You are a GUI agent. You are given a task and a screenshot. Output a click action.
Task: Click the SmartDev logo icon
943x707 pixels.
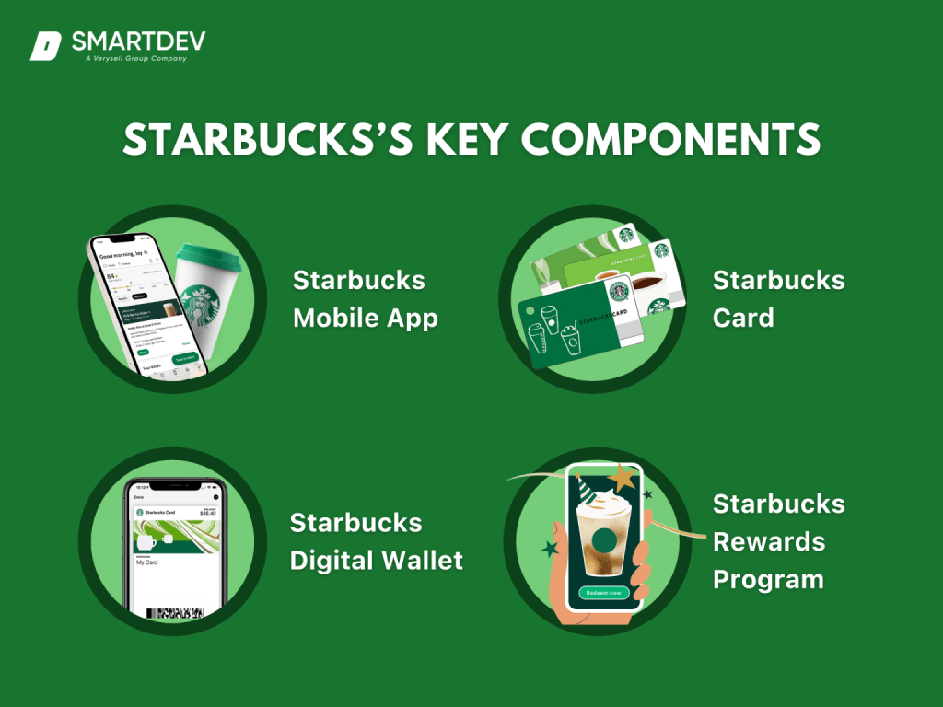point(45,45)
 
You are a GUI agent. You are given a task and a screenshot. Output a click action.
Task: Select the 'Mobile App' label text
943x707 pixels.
point(365,319)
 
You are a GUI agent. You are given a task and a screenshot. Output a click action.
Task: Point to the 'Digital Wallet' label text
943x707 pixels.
point(376,560)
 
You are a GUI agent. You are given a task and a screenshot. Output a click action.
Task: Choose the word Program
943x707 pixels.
point(768,580)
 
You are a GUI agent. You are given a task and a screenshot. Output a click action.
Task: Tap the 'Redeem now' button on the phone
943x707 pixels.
point(602,592)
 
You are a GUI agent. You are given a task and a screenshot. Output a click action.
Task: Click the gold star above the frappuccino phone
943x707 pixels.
point(626,478)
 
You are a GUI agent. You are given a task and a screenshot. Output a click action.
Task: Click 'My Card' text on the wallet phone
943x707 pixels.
point(147,562)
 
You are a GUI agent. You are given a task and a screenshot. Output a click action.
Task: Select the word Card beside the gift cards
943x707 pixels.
point(743,319)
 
